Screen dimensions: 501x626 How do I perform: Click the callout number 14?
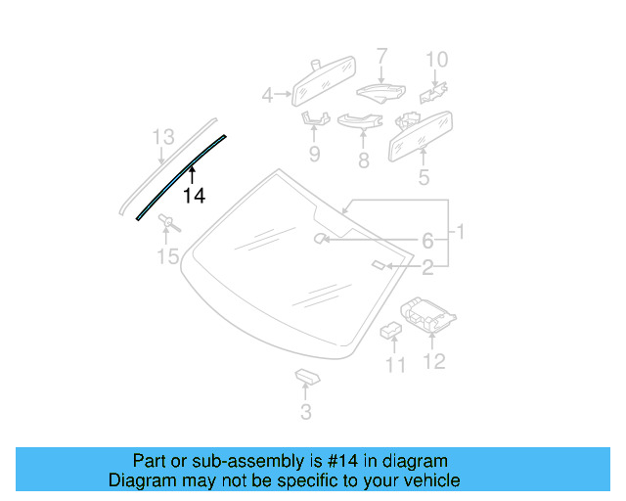pos(194,196)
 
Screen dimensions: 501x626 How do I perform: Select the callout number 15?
pos(168,257)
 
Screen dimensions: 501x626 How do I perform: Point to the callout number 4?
pos(267,95)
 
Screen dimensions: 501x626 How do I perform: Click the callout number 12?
pos(433,362)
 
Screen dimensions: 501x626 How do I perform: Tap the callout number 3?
pos(306,412)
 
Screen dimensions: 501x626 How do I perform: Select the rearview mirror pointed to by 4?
pos(323,84)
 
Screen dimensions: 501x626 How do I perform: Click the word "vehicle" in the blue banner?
pos(431,480)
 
